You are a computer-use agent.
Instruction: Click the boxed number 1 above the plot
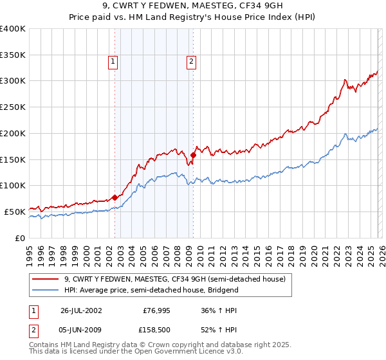(113, 62)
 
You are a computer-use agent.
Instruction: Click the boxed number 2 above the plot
(192, 62)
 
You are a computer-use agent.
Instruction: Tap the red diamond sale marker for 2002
(115, 197)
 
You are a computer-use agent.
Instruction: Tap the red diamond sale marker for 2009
(193, 155)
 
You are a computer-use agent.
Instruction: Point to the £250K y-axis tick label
(12, 107)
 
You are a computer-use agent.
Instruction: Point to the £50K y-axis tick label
(15, 212)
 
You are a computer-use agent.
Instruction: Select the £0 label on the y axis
(21, 238)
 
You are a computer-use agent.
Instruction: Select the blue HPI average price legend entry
(151, 290)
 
